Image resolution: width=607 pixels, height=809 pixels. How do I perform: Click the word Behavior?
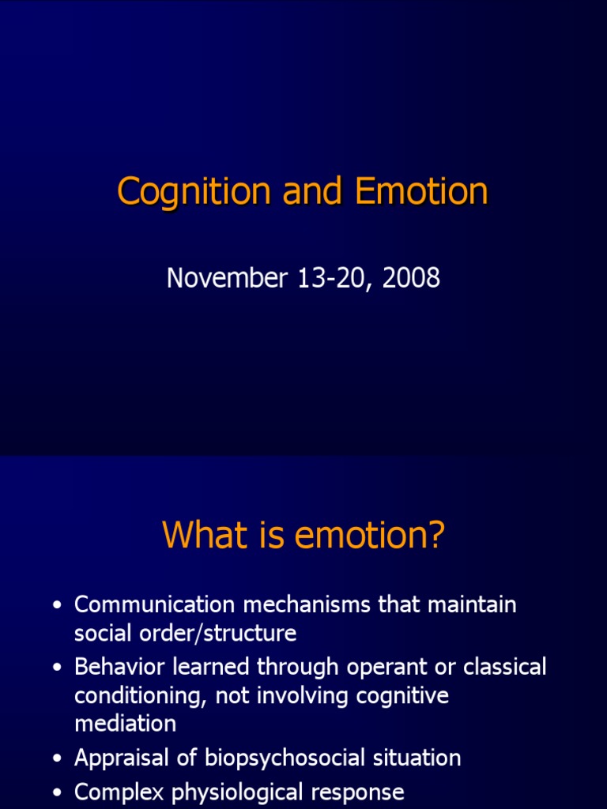pyautogui.click(x=119, y=667)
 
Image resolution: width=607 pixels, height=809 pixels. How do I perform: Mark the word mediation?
pyautogui.click(x=125, y=723)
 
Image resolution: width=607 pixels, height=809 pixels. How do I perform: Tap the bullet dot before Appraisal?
pyautogui.click(x=56, y=759)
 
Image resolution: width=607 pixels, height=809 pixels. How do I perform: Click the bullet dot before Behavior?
pyautogui.click(x=56, y=668)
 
